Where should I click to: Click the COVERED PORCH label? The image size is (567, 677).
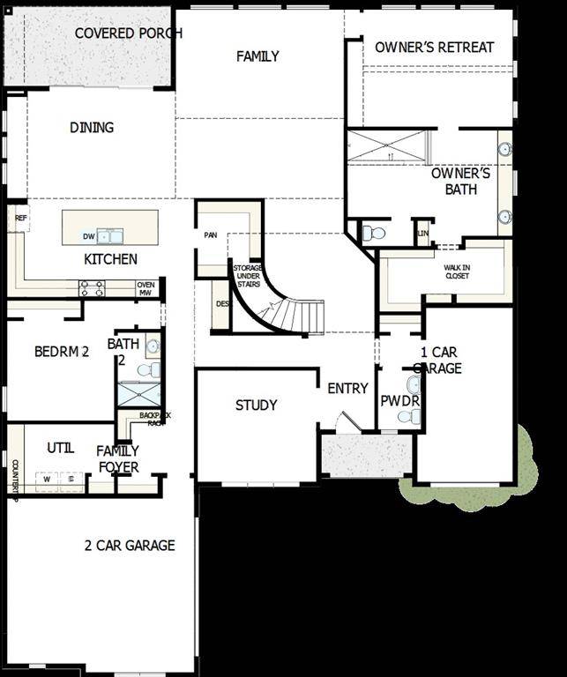(128, 33)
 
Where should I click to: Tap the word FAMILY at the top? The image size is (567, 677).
(257, 56)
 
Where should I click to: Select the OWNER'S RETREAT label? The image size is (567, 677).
(434, 47)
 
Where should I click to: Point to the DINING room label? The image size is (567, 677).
(92, 128)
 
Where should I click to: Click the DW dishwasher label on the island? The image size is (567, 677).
(88, 236)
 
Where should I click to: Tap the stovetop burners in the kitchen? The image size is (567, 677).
(93, 287)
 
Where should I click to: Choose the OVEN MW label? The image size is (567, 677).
(145, 288)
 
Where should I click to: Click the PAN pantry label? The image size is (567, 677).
(210, 235)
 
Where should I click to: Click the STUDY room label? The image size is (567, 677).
(256, 405)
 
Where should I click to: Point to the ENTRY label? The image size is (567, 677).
(347, 389)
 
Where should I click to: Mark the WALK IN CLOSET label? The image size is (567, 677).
(457, 271)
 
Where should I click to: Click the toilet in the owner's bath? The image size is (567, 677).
(374, 234)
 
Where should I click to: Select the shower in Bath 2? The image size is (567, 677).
(139, 394)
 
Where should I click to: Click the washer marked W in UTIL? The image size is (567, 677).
(46, 479)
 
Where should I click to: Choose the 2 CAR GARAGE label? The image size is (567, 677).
(130, 546)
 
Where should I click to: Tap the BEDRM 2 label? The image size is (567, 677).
(62, 352)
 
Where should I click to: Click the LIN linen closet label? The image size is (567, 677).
(423, 233)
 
